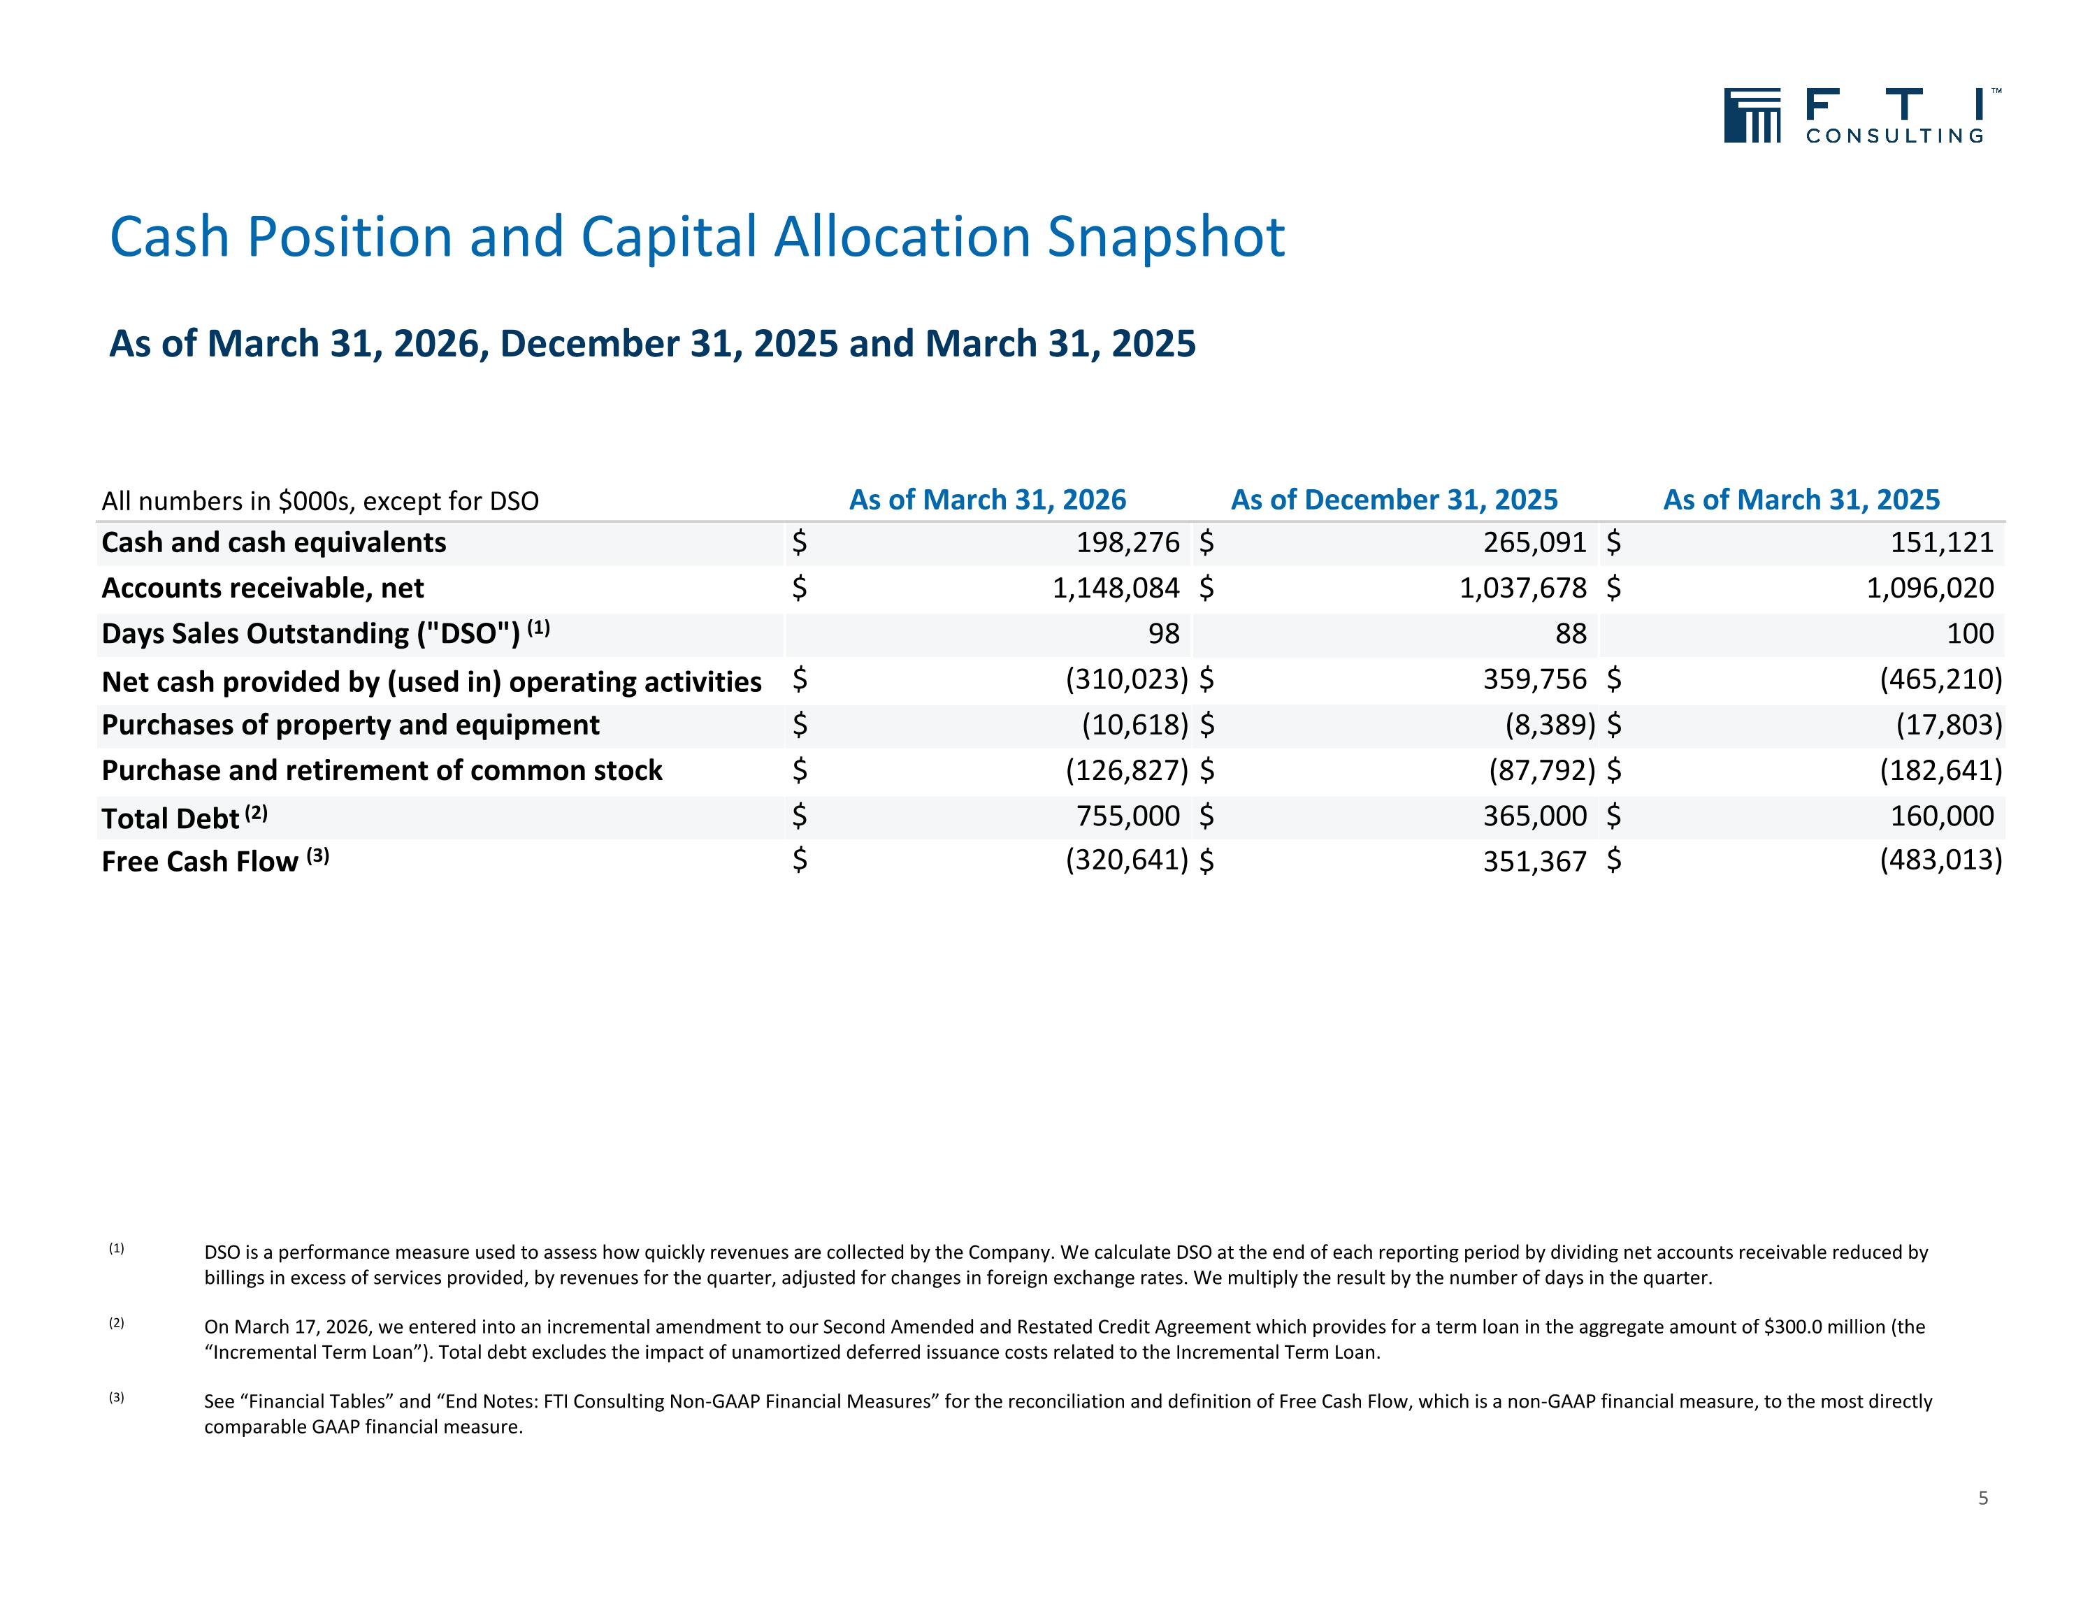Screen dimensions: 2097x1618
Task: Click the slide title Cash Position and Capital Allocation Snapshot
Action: (x=697, y=237)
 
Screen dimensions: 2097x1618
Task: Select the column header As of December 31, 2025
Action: (x=1395, y=500)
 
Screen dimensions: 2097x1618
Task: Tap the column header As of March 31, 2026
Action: (x=988, y=500)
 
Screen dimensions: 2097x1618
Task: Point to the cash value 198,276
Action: (x=1127, y=542)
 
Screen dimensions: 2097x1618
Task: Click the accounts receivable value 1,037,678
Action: (x=1523, y=588)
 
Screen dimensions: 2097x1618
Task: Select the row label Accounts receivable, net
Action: (x=262, y=588)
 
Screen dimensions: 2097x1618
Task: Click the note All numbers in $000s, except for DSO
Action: (x=321, y=501)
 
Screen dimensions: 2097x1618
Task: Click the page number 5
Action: (x=1983, y=1498)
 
